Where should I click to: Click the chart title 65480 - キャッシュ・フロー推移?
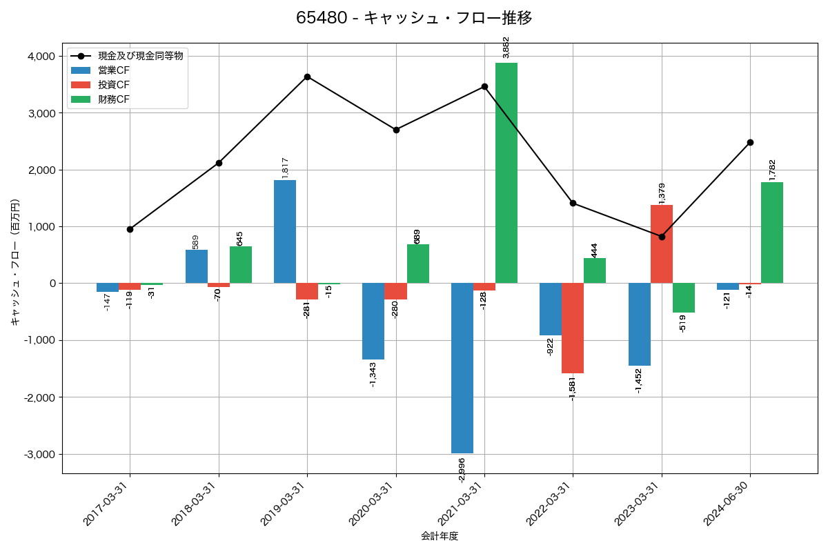click(414, 18)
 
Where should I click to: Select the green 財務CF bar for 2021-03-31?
click(506, 172)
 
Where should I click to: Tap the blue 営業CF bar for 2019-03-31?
click(285, 231)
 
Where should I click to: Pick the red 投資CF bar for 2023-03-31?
click(662, 244)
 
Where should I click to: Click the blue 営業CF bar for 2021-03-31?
click(462, 368)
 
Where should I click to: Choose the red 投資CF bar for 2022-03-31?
click(573, 328)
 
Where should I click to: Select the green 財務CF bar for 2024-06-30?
click(772, 233)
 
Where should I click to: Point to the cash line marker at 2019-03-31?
click(307, 77)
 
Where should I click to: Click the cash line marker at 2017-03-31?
click(130, 229)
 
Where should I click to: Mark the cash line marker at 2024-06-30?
click(750, 142)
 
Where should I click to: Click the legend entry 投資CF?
click(114, 85)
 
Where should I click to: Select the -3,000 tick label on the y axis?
click(40, 454)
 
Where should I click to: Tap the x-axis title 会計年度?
click(440, 536)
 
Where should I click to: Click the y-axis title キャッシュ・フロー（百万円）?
click(15, 262)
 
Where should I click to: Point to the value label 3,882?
click(506, 47)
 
